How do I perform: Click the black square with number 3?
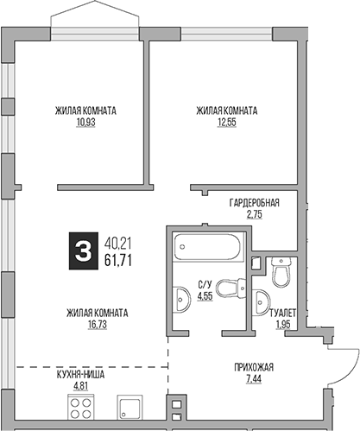point(82,250)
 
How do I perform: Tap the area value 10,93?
point(85,123)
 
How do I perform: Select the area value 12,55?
point(226,123)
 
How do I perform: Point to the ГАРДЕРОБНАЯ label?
point(254,202)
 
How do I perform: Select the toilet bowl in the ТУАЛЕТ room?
point(280,274)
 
